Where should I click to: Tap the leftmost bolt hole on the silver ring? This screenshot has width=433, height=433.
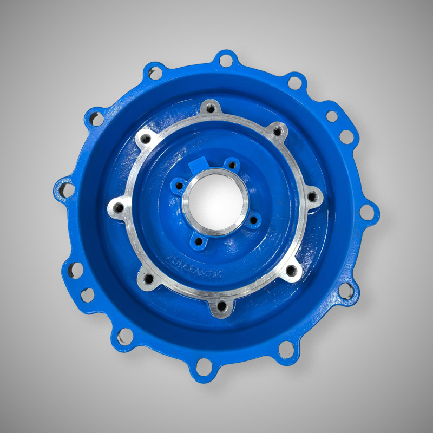[117, 206]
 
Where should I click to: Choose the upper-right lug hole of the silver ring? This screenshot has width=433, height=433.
[278, 130]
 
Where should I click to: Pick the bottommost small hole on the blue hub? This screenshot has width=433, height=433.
[198, 241]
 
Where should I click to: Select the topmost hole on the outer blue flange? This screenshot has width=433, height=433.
[226, 60]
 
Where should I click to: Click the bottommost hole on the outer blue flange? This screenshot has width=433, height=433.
[204, 368]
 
